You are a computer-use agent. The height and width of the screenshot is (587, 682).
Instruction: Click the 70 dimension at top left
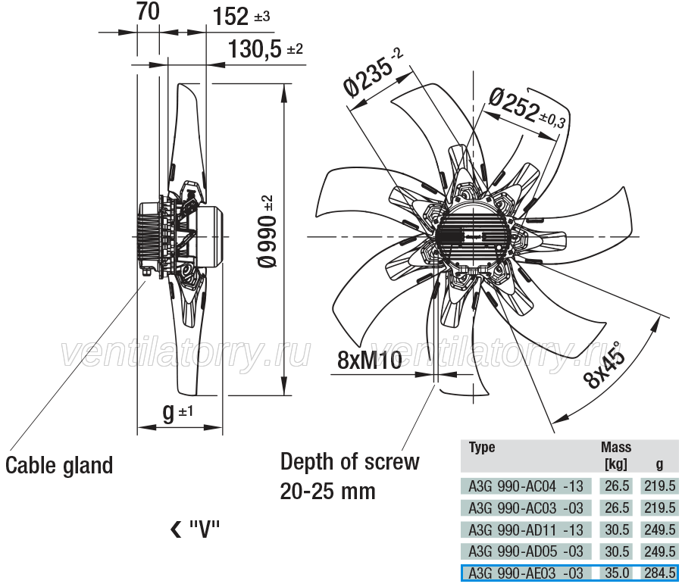(x=148, y=12)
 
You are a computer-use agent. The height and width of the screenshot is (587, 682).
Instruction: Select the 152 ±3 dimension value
(x=242, y=17)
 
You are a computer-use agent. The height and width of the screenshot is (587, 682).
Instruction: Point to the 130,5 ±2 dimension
(x=265, y=48)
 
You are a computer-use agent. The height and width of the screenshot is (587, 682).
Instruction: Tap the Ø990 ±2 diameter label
(x=266, y=231)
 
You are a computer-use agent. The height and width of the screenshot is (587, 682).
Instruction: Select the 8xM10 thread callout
(x=370, y=360)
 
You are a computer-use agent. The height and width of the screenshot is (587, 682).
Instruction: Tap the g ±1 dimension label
(x=177, y=412)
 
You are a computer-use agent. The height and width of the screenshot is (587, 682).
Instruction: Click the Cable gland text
(x=59, y=465)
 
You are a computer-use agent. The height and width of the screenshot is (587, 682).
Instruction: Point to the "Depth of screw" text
(x=350, y=462)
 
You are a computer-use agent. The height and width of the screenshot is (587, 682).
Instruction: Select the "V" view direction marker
(x=195, y=529)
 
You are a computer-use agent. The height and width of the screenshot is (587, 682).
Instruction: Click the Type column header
(x=482, y=447)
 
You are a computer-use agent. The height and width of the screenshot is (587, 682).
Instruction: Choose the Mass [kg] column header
(x=616, y=455)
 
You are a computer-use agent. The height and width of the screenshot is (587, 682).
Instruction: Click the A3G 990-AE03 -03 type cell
(x=525, y=573)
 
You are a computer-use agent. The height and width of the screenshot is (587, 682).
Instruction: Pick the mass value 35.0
(x=617, y=573)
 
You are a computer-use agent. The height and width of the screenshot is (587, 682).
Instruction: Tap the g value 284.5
(x=660, y=573)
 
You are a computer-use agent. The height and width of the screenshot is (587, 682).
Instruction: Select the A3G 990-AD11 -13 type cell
(x=525, y=529)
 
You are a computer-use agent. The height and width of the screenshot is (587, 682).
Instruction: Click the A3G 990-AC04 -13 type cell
(x=525, y=486)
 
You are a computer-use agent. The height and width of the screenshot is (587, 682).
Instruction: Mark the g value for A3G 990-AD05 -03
(x=660, y=551)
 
